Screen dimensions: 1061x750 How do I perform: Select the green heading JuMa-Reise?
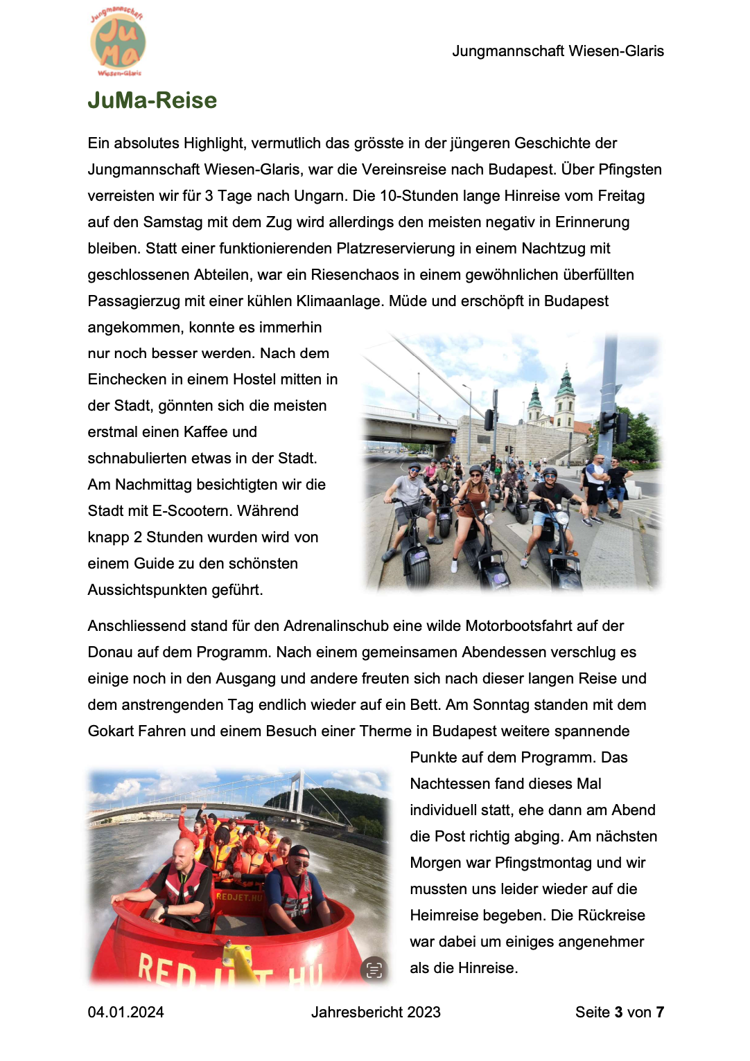(x=152, y=100)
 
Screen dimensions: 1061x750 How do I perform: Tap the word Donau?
(x=110, y=652)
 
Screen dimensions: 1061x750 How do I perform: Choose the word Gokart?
(x=110, y=731)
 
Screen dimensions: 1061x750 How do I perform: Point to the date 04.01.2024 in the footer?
(x=125, y=1013)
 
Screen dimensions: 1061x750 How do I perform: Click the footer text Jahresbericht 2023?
(x=376, y=1013)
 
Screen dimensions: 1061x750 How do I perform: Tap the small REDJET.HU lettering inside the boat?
(x=240, y=897)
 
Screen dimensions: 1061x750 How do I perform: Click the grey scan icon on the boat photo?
(x=374, y=970)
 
